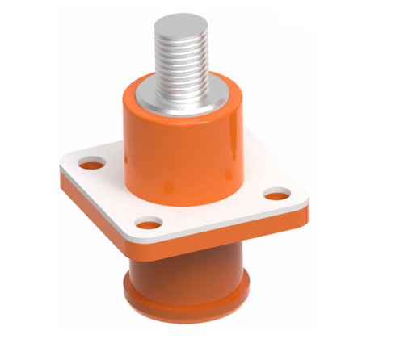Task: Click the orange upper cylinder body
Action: (x=182, y=149)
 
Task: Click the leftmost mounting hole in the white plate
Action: (x=91, y=165)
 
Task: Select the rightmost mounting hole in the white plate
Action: (x=276, y=195)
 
